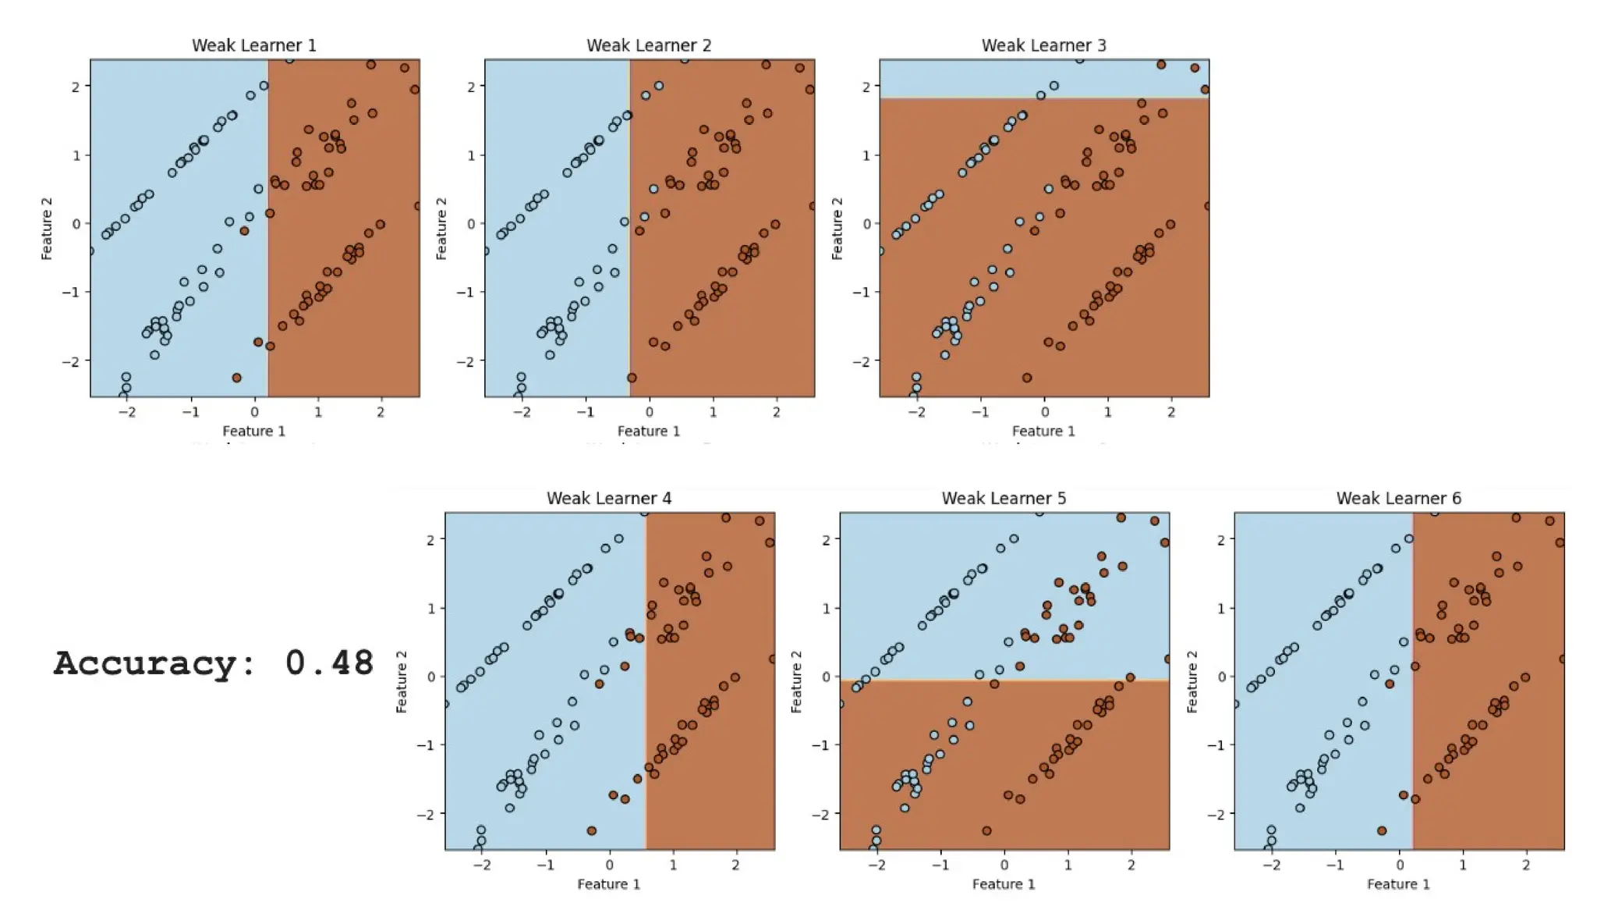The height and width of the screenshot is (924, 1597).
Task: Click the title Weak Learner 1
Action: (254, 45)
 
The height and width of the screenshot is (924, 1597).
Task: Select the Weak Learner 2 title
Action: (649, 45)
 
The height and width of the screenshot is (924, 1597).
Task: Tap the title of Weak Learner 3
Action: (1043, 45)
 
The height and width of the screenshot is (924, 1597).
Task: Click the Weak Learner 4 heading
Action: (609, 498)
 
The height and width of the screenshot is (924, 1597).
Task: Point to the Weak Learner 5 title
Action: (1004, 498)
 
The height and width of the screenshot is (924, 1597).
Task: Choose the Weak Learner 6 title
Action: (1398, 498)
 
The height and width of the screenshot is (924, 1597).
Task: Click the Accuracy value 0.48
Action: (329, 663)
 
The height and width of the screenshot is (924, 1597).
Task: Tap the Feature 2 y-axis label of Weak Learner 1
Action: (47, 228)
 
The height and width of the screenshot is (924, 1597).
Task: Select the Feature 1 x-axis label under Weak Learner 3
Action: (1043, 431)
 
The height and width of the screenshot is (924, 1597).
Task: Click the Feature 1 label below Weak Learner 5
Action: (1004, 883)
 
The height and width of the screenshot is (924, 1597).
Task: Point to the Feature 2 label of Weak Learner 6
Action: (1192, 681)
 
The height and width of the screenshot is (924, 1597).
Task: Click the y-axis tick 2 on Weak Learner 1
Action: (76, 87)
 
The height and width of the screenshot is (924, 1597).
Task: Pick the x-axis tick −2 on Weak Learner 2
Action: (521, 412)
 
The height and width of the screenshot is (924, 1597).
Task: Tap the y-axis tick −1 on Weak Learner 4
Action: (424, 745)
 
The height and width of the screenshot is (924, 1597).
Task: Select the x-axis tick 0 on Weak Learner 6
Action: (1400, 865)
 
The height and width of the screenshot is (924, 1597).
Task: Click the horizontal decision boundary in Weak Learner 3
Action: (1043, 98)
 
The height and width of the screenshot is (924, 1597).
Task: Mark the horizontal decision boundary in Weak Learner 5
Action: (1004, 681)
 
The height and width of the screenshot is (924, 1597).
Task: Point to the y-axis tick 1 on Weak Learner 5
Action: (826, 608)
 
